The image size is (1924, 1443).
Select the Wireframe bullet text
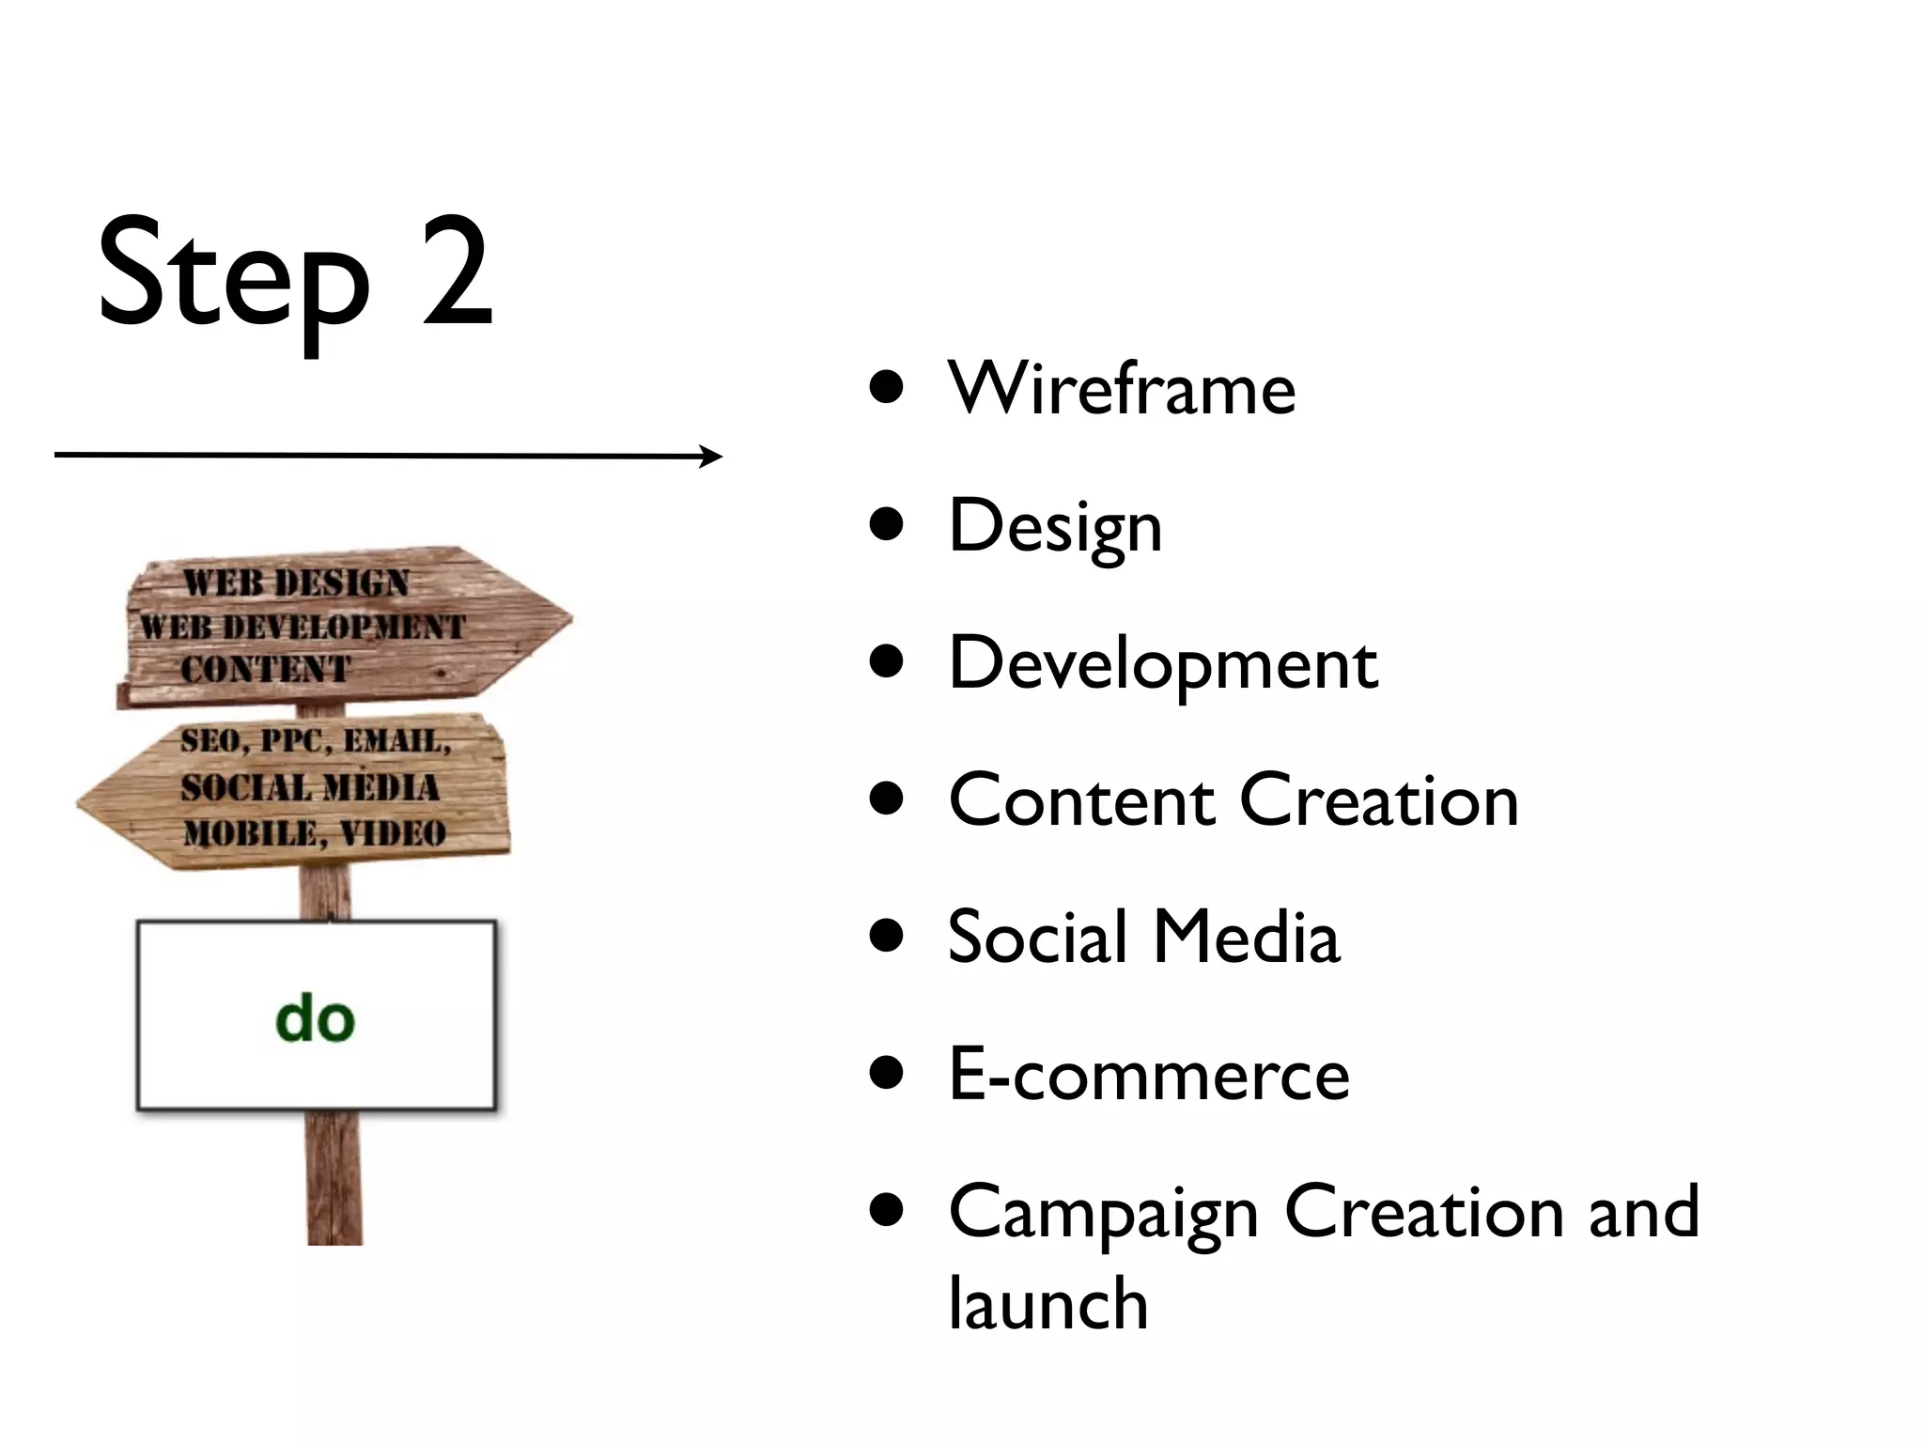tap(1122, 388)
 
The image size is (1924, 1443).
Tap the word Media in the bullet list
tap(1246, 938)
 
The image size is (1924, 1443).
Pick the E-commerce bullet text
tap(1149, 1075)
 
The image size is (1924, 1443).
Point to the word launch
tap(1048, 1304)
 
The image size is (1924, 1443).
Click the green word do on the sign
tap(316, 1018)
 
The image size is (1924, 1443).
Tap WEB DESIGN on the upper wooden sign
tap(296, 582)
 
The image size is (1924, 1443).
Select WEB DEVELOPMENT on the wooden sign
tap(303, 627)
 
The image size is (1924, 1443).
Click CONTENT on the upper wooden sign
tap(265, 670)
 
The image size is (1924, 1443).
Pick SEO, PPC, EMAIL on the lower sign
tap(316, 741)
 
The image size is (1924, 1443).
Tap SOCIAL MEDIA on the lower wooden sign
tap(310, 787)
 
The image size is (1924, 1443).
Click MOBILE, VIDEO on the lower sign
tap(315, 833)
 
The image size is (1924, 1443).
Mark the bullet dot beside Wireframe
tap(887, 387)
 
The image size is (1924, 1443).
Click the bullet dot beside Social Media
tap(887, 937)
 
